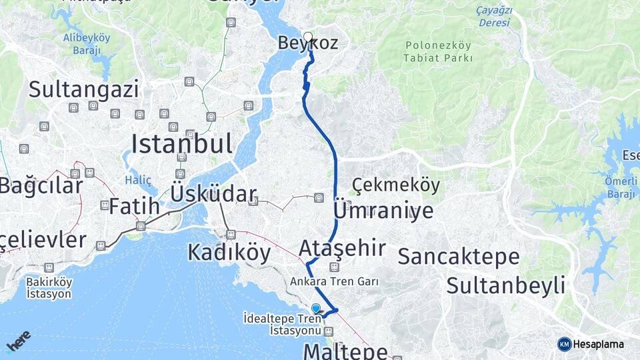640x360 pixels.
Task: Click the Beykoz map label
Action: point(317,45)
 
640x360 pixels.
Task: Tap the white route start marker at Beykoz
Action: point(308,37)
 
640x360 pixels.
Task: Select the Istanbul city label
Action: point(182,143)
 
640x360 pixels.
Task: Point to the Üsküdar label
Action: point(213,194)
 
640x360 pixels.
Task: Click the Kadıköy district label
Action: point(229,253)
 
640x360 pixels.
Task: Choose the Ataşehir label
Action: point(342,248)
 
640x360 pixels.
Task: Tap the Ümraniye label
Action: point(383,211)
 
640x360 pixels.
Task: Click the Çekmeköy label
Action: point(396,185)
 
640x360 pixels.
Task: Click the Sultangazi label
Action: point(84,89)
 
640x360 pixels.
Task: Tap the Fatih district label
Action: point(135,206)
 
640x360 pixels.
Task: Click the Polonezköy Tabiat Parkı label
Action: point(438,51)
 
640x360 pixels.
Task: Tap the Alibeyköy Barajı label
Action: point(86,43)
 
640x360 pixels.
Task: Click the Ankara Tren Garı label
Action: point(334,281)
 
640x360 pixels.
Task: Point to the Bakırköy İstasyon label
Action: point(49,287)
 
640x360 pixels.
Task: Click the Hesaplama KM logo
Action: point(591,344)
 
